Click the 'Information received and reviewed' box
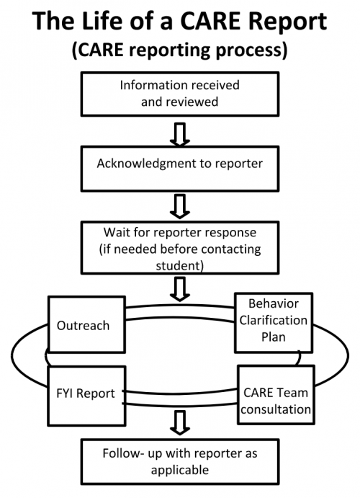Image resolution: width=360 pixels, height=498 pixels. tap(180, 94)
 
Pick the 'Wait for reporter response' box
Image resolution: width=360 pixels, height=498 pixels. tap(180, 248)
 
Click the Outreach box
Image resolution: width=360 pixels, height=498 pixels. tap(84, 326)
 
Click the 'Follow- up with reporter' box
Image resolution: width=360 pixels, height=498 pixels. tap(180, 461)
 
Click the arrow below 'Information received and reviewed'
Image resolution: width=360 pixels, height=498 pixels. tap(181, 133)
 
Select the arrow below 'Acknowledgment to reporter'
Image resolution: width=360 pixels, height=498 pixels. tap(181, 205)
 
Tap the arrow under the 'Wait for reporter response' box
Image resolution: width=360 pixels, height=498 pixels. tap(181, 288)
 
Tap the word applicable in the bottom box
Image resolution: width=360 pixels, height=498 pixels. tap(180, 469)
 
